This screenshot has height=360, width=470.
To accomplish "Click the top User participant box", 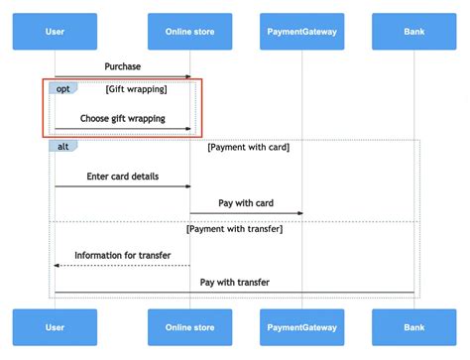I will tap(55, 32).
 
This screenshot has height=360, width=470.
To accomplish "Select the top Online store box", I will tap(189, 32).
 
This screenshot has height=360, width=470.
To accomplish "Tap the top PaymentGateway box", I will tap(302, 32).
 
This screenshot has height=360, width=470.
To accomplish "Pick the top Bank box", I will tap(414, 32).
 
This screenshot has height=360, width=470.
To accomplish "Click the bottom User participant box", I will tap(55, 327).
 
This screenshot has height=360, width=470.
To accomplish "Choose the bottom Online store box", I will tap(189, 327).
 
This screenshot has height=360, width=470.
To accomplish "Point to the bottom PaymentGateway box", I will tap(302, 327).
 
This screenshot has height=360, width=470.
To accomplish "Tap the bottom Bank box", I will tap(414, 327).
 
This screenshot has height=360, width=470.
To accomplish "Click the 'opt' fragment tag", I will tap(62, 89).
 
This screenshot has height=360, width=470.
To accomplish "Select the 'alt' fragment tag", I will tap(62, 146).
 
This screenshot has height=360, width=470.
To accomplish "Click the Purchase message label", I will tap(123, 66).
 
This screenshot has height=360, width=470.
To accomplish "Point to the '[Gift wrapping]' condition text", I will tap(136, 89).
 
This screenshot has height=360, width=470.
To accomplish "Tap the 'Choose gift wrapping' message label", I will tap(123, 119).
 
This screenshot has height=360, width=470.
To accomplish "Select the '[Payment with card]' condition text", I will tap(248, 147).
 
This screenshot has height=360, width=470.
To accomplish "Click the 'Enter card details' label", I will tap(123, 177).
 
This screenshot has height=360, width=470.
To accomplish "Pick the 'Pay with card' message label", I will tap(246, 203).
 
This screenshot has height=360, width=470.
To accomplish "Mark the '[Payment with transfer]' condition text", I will tap(235, 229).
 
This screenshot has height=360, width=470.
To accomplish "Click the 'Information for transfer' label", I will tap(123, 255).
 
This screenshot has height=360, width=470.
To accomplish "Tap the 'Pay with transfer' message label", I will tap(235, 283).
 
